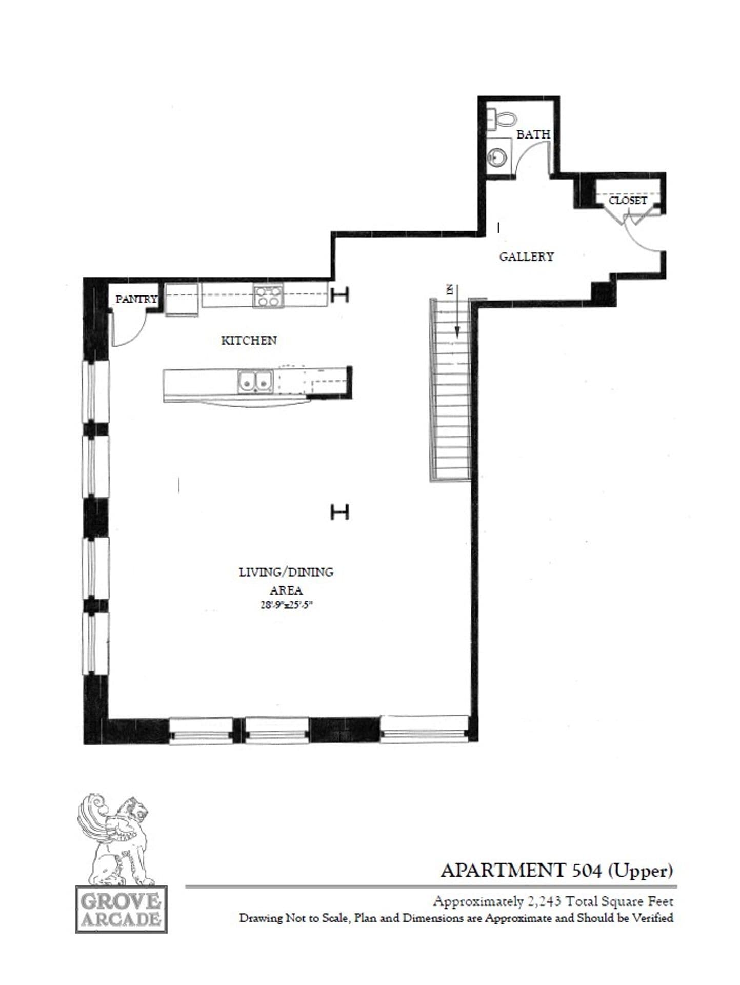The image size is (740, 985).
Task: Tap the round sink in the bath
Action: click(x=496, y=155)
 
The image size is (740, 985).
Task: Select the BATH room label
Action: click(x=533, y=134)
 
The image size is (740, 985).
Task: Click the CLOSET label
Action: click(x=628, y=200)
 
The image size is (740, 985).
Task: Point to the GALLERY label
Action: click(x=526, y=257)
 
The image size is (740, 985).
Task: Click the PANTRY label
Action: click(x=136, y=299)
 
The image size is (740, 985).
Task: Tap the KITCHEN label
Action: click(x=249, y=340)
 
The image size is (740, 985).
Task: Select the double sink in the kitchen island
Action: click(x=255, y=382)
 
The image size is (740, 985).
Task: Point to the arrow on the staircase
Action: click(x=456, y=313)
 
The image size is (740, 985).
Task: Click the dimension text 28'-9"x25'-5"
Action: click(x=286, y=605)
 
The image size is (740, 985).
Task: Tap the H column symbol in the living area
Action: click(x=339, y=511)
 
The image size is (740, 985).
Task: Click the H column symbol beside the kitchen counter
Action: click(x=339, y=294)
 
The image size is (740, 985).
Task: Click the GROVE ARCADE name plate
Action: click(x=121, y=909)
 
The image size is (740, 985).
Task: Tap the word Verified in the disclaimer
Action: click(x=652, y=918)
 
